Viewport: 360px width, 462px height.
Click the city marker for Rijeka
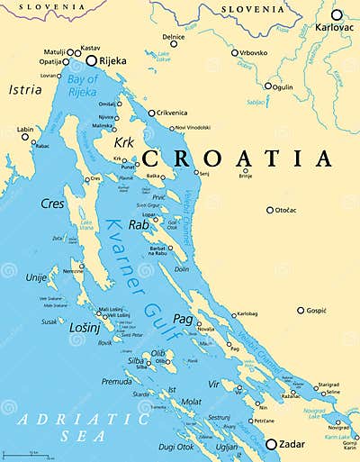91,60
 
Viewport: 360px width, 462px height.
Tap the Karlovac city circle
337,15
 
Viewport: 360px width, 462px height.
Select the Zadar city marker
271,443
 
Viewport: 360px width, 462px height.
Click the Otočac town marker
269,210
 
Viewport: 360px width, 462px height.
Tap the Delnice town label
174,37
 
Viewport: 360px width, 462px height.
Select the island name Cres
52,204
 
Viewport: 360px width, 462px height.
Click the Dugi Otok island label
179,447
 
